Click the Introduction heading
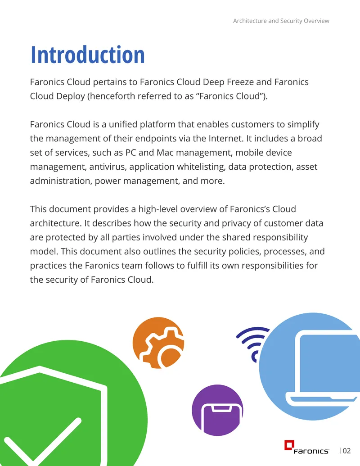pos(88,55)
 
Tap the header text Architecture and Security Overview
pos(281,21)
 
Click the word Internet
pos(226,139)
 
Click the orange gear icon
pos(158,343)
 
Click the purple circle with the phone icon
pos(217,410)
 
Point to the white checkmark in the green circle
pos(41,443)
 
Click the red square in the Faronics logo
pos(289,445)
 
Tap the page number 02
pos(346,451)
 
